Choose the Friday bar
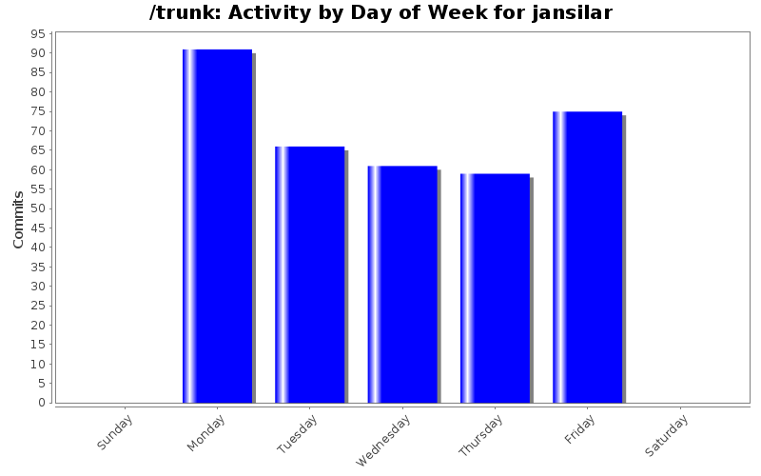pos(587,257)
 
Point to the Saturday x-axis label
pos(670,433)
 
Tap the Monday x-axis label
pos(208,432)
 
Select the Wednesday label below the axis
pos(385,440)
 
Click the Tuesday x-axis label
pos(300,434)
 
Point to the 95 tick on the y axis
pos(39,34)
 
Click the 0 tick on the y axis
pos(43,403)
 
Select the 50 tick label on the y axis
pos(39,208)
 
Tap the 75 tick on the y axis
pos(39,111)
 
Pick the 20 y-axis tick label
pos(39,325)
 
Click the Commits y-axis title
pos(19,219)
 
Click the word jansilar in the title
pos(572,13)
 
